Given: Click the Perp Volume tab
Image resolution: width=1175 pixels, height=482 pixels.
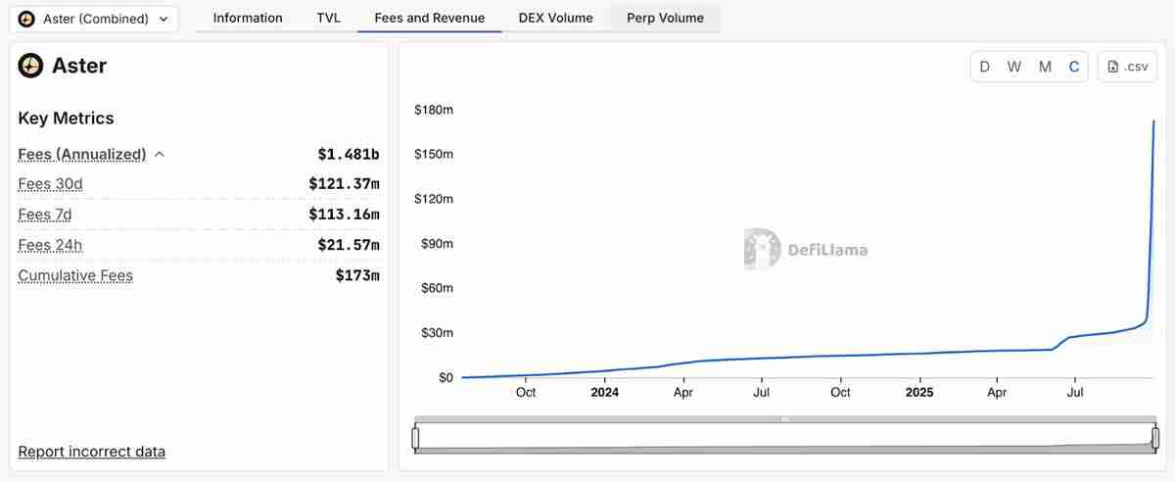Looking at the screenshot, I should tap(666, 18).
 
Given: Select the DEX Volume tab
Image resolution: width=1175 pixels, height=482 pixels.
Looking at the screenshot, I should tap(556, 18).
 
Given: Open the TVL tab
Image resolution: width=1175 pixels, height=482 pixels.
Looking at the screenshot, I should tap(329, 18).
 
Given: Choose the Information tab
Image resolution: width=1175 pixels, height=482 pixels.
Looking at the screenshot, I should tap(248, 18).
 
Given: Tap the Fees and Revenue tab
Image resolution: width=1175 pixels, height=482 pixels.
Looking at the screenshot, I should tap(430, 18).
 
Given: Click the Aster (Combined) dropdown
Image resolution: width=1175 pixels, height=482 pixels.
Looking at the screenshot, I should tap(95, 19).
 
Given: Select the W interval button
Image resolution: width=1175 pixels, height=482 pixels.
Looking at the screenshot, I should tap(1014, 67).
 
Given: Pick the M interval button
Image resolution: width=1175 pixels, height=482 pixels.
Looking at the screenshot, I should tap(1045, 67).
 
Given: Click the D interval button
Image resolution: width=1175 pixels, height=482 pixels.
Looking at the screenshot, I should tap(985, 67).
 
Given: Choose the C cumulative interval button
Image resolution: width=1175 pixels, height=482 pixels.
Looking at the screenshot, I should tap(1074, 67).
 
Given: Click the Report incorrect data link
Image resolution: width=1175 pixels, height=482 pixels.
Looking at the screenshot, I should tap(92, 452).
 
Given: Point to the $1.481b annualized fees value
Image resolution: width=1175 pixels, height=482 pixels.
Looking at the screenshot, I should tap(349, 154).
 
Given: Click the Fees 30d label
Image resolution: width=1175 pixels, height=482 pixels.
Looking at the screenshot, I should tap(51, 184).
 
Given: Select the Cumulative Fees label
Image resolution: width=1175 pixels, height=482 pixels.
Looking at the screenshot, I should tap(75, 275).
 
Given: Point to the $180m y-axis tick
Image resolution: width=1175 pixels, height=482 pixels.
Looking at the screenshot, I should tap(434, 110).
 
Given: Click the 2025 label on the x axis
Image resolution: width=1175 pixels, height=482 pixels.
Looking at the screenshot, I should tap(919, 393).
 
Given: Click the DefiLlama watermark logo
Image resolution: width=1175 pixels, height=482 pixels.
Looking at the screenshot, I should tap(762, 249).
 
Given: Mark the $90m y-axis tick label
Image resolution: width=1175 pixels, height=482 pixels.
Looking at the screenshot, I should tap(437, 244).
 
